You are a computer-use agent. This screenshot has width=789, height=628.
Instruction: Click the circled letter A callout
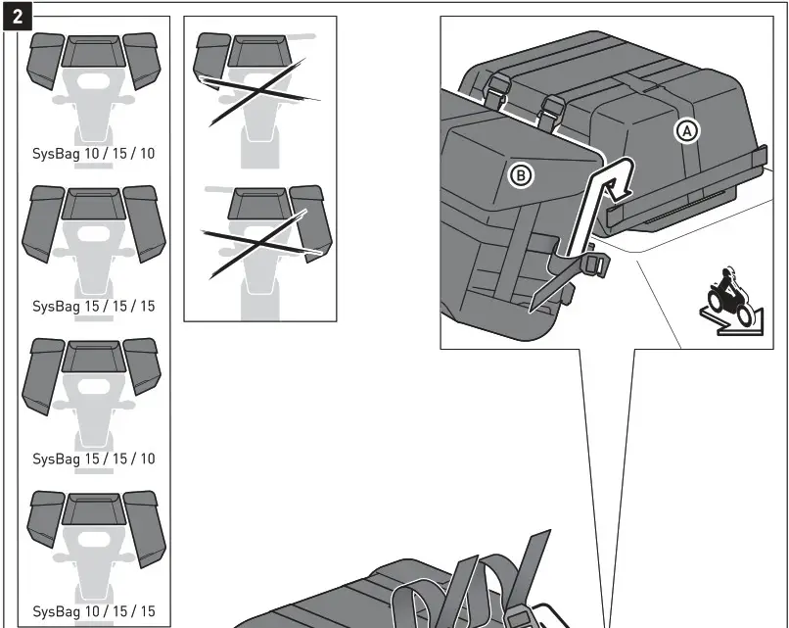(688, 130)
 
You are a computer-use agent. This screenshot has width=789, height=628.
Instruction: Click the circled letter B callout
(521, 175)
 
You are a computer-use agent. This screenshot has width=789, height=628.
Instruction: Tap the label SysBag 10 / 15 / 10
(93, 154)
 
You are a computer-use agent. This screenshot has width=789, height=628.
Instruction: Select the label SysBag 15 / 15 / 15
(93, 306)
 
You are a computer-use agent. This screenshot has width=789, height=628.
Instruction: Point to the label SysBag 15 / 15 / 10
(93, 459)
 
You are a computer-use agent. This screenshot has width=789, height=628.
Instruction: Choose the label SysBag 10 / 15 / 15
(93, 611)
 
